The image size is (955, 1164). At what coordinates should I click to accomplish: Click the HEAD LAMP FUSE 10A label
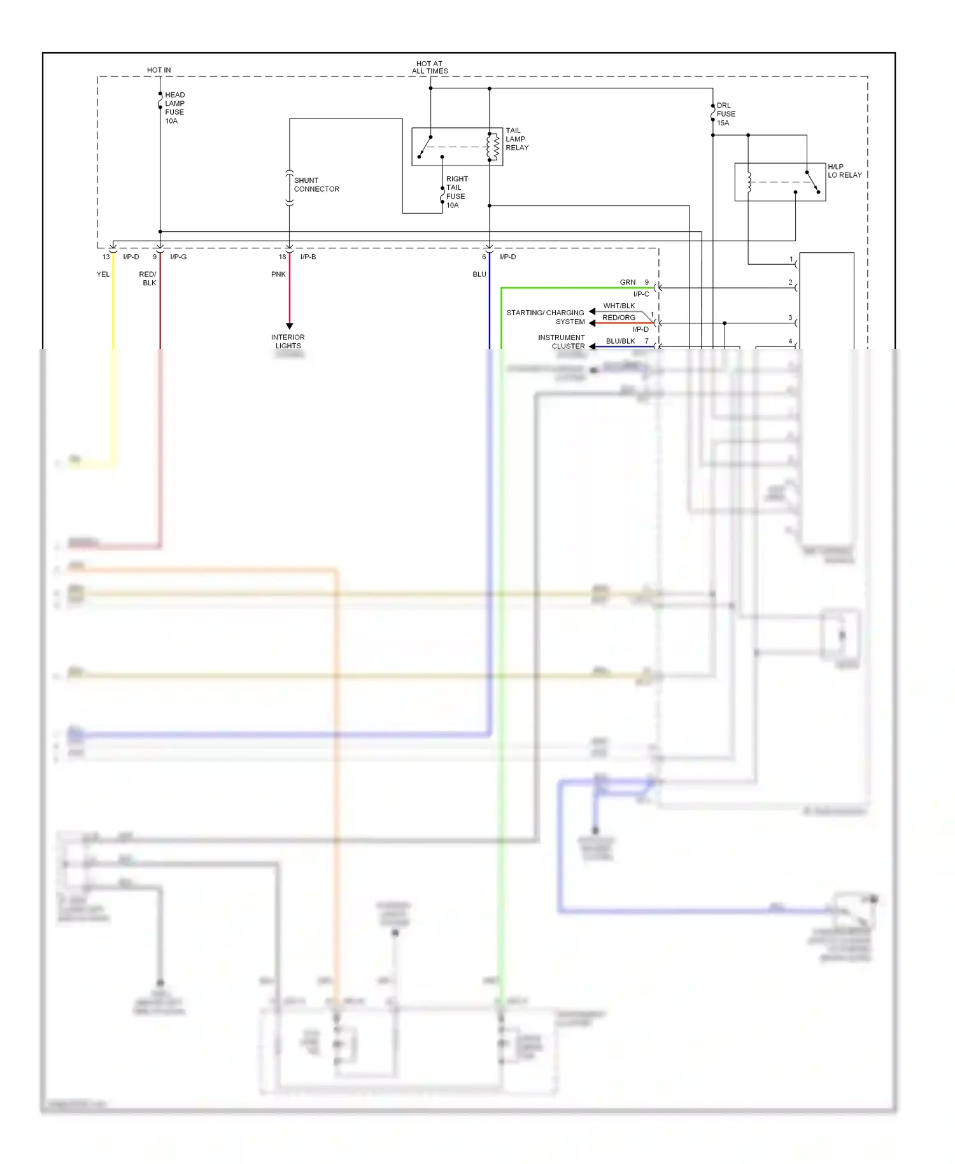click(174, 108)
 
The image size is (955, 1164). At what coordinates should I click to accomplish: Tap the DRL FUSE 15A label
click(726, 114)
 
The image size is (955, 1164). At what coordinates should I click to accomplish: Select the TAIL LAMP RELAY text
click(517, 139)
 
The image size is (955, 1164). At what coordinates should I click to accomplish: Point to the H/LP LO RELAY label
click(844, 171)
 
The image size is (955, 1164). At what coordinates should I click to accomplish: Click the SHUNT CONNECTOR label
click(316, 185)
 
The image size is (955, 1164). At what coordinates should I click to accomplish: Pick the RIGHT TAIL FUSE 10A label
click(456, 192)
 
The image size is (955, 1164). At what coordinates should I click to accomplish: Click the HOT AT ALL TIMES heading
click(430, 67)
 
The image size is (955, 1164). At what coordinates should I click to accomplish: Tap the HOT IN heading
click(159, 70)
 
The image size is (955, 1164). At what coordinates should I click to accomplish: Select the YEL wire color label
click(103, 274)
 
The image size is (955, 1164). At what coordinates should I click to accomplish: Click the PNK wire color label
click(278, 274)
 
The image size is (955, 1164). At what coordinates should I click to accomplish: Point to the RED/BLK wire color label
click(148, 278)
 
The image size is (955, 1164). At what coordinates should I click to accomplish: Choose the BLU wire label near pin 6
click(479, 274)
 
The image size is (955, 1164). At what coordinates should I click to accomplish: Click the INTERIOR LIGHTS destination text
click(288, 341)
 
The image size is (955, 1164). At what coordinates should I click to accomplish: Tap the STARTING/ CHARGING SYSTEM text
click(546, 317)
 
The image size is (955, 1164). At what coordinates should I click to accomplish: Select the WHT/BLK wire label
click(619, 306)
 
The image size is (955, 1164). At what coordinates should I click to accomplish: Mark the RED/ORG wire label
click(619, 317)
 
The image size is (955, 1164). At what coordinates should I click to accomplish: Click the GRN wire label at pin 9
click(628, 282)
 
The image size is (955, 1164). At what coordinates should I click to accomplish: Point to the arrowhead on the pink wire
click(289, 326)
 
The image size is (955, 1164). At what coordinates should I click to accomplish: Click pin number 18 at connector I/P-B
click(282, 257)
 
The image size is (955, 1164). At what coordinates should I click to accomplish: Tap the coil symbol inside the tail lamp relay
click(492, 147)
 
